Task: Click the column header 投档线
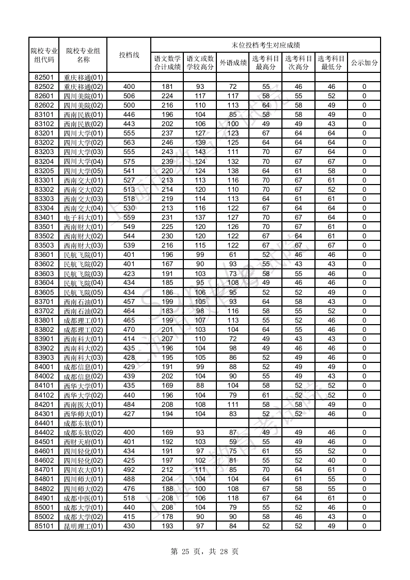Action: coord(129,55)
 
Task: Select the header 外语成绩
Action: coord(232,63)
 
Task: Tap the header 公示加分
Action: coord(364,63)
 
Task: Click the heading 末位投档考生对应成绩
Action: coord(265,45)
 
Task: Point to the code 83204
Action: coord(44,161)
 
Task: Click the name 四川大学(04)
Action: coord(83,161)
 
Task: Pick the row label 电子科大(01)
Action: coord(83,218)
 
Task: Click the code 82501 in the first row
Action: coord(44,77)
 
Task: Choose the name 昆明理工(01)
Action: coord(83,526)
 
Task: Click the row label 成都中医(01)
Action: coord(83,498)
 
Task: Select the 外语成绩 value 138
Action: coord(232,171)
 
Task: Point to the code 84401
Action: coord(44,423)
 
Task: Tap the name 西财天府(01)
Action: coord(83,442)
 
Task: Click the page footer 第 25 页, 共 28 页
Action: coord(204,552)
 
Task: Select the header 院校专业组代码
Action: coord(44,55)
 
